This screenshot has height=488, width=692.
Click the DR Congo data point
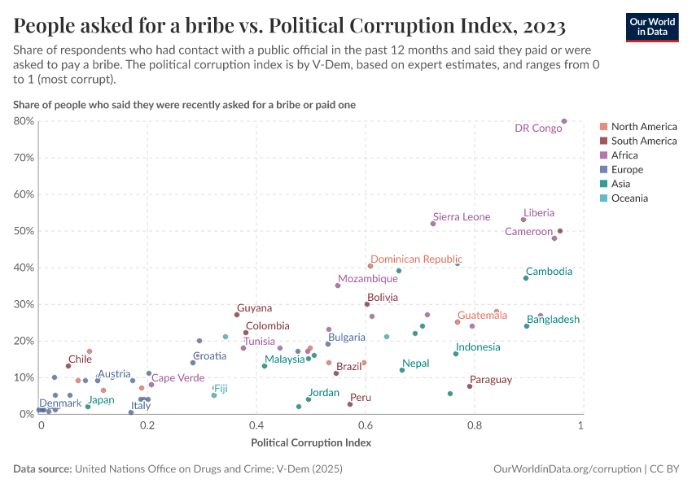[564, 121]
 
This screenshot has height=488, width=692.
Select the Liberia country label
[539, 213]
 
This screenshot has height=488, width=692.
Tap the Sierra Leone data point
[433, 224]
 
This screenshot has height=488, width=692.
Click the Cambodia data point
[526, 278]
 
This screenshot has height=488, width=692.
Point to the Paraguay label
[491, 380]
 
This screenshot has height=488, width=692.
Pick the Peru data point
[350, 404]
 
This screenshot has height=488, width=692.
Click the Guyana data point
[237, 315]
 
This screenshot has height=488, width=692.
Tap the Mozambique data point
[338, 285]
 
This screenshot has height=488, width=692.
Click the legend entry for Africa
[624, 155]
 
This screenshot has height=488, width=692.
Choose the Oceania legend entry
[629, 198]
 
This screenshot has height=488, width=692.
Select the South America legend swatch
[603, 142]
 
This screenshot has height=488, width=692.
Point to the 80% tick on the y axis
[24, 121]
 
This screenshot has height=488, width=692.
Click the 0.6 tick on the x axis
[366, 426]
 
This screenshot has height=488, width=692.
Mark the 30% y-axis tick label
[24, 304]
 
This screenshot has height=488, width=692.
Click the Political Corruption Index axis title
[311, 443]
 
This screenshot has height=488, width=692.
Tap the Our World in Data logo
[650, 26]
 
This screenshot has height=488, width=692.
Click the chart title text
[290, 26]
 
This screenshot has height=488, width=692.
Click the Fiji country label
[221, 389]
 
